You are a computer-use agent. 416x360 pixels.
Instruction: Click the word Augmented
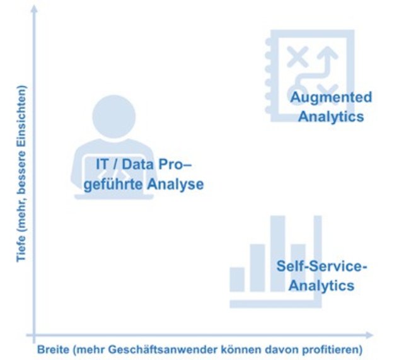tap(331, 98)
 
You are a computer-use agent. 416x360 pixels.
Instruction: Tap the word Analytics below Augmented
tap(331, 117)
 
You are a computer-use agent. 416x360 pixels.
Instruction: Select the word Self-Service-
tap(321, 266)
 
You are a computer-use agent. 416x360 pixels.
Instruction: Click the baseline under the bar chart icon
tap(275, 303)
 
